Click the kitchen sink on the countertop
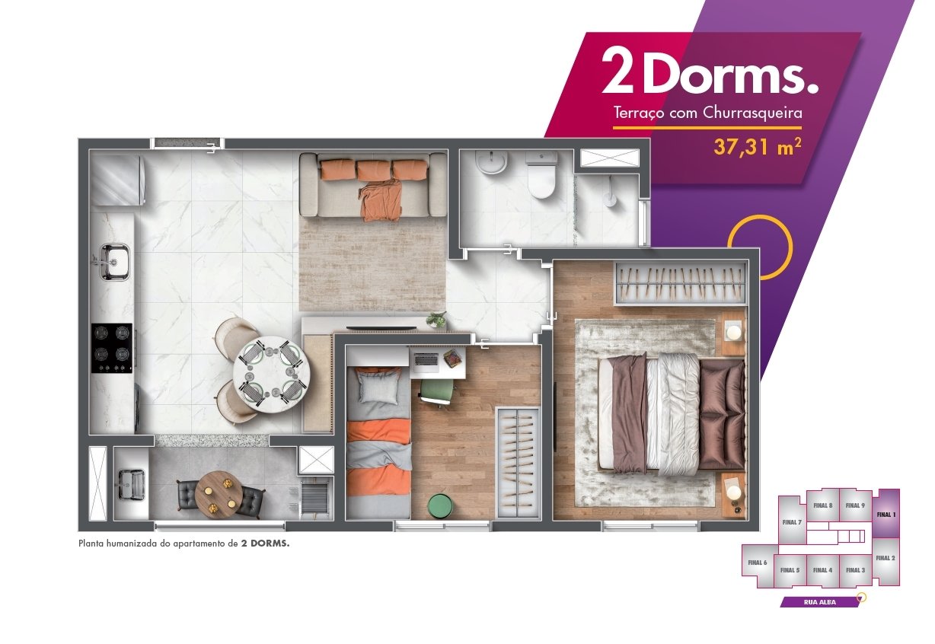click(114, 261)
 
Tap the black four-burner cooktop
click(112, 348)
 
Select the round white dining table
click(272, 375)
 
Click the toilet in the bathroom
click(541, 175)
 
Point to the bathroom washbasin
click(492, 162)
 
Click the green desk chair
click(437, 392)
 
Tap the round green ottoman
click(440, 506)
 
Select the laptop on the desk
click(426, 362)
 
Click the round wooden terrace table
click(219, 495)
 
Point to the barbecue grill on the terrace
click(317, 498)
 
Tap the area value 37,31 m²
click(757, 148)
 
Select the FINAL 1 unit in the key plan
click(886, 513)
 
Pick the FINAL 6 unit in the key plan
click(758, 563)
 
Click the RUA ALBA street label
click(820, 602)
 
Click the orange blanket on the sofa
click(380, 202)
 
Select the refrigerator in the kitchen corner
click(118, 180)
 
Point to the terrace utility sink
click(132, 484)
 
